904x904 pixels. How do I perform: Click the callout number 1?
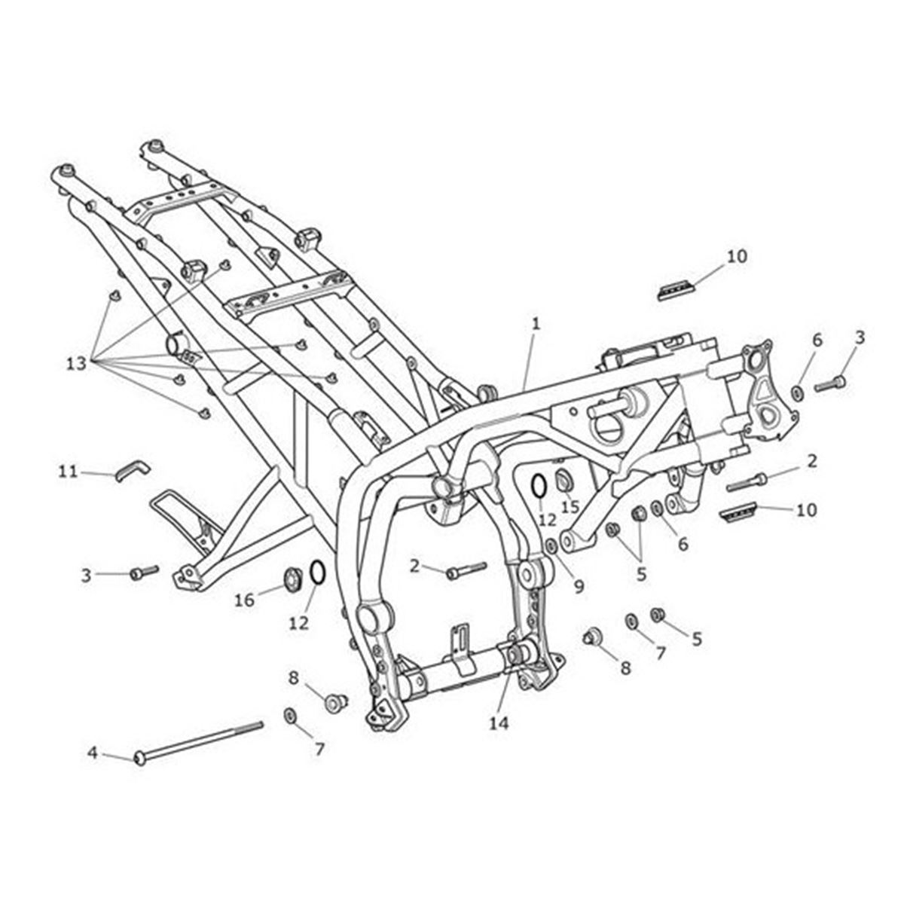point(536,324)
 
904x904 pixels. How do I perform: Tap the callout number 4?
point(93,753)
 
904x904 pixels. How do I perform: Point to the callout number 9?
point(578,585)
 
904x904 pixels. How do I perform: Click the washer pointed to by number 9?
point(551,545)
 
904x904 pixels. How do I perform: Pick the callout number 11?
point(68,471)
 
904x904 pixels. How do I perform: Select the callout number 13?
point(76,363)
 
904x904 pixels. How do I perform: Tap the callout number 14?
point(499,723)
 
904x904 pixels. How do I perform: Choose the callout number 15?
point(570,507)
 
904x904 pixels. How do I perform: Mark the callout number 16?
point(244,599)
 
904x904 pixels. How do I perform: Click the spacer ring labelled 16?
point(294,578)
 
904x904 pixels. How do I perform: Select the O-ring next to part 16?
point(317,573)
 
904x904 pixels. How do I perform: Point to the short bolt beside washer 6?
point(830,383)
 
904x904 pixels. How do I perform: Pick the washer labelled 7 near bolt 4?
point(289,714)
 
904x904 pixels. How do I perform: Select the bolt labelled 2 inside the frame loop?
point(467,570)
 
